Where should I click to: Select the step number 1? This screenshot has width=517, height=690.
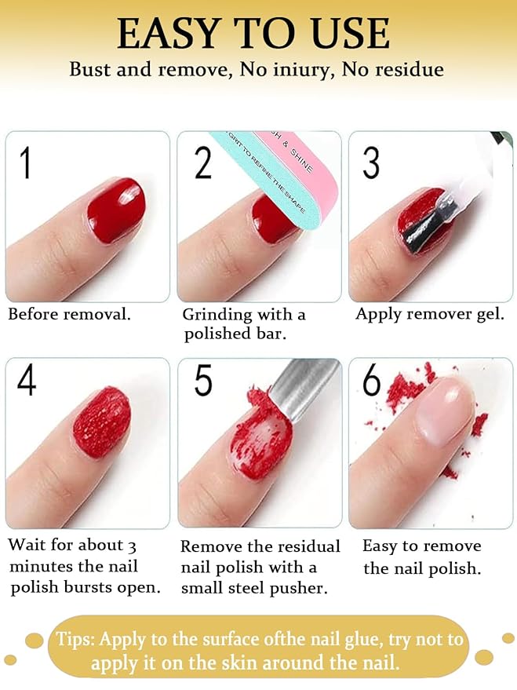point(26,162)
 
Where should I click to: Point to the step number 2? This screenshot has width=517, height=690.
point(202,162)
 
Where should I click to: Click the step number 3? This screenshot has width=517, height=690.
point(371,162)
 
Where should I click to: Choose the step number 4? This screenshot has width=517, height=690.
point(27,382)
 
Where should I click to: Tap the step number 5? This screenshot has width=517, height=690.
point(203,382)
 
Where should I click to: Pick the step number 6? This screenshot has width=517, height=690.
point(371,382)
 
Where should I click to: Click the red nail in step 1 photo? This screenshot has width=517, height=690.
point(115,210)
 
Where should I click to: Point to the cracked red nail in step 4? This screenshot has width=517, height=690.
point(102,422)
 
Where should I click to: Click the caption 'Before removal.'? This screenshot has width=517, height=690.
point(69,315)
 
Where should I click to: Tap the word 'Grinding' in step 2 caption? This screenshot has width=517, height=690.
point(217,316)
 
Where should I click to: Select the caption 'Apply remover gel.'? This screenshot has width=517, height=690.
point(429,315)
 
